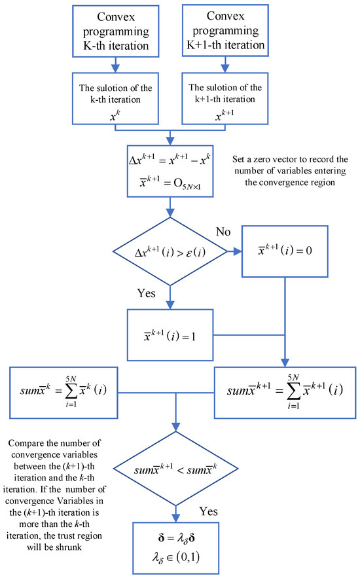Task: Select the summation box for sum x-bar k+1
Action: pos(284,393)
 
